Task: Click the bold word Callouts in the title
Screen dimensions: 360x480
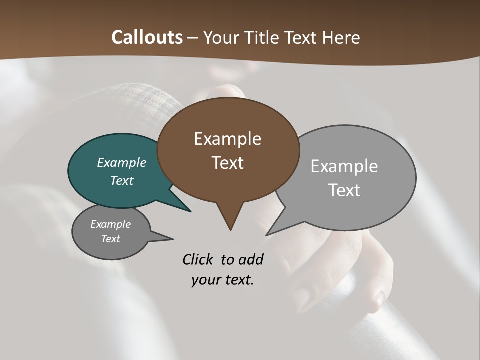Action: [147, 37]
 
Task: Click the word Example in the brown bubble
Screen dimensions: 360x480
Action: [227, 139]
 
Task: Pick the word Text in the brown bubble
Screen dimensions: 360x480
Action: [228, 163]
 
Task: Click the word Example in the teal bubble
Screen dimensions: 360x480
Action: [122, 162]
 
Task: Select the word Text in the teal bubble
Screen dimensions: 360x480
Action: [122, 180]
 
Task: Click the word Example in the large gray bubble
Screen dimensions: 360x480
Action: [344, 166]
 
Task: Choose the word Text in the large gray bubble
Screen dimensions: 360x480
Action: [344, 190]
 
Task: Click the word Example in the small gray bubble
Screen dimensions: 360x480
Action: [111, 224]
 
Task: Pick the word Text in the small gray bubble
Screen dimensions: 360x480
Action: [111, 239]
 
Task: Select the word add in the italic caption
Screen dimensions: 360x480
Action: [251, 259]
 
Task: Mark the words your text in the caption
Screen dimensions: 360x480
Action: [223, 280]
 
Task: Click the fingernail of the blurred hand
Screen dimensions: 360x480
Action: [380, 299]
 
